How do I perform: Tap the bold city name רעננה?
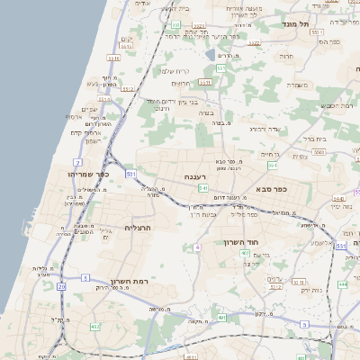click(196, 176)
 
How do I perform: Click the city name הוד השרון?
click(242, 242)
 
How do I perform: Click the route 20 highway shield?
click(62, 286)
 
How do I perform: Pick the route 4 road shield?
click(196, 247)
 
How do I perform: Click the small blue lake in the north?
click(210, 55)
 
